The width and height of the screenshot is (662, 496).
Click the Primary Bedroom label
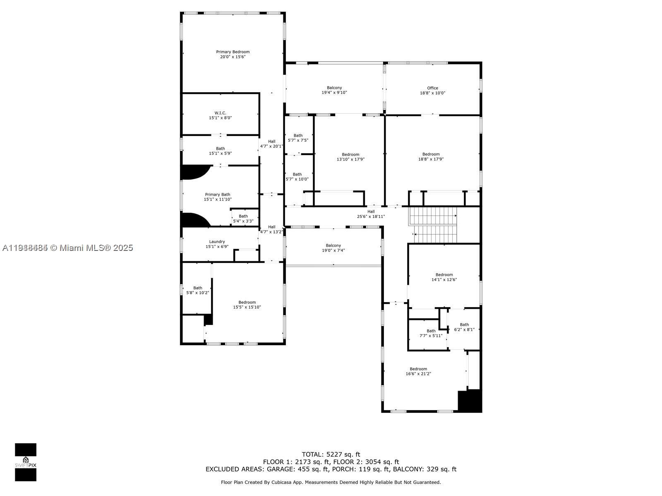point(233,55)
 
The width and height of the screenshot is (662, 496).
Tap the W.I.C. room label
point(220,115)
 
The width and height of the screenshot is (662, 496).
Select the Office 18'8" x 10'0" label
point(432,91)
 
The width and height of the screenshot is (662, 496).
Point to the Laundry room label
point(217,244)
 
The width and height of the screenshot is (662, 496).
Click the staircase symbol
point(434,225)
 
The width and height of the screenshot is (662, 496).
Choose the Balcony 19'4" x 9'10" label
point(334,90)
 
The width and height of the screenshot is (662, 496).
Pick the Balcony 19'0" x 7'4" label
point(333,248)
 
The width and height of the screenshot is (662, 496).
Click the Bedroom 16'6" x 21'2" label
point(418,371)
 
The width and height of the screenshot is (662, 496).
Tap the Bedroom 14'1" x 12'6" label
point(444,277)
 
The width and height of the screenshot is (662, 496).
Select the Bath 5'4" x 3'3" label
point(243,219)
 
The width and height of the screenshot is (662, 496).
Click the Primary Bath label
point(218,197)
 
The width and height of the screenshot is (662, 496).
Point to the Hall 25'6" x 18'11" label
point(371,214)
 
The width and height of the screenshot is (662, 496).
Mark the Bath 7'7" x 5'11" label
point(431,333)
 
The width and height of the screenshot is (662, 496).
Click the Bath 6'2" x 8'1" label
point(464,327)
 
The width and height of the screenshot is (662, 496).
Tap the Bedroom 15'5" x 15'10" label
point(247,305)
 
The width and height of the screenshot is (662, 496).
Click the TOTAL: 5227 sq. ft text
point(331,454)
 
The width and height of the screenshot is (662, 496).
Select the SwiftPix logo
point(26,462)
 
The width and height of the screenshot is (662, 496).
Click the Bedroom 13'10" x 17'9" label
point(350,157)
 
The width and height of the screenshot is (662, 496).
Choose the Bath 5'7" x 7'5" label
point(298,138)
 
